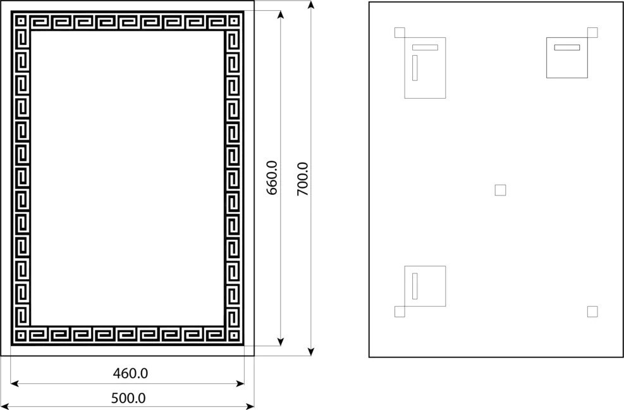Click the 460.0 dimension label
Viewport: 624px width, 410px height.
coord(130,373)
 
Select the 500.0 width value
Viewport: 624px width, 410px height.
coord(128,398)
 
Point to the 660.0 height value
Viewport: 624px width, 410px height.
coord(272,178)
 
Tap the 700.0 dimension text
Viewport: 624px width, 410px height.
coord(303,179)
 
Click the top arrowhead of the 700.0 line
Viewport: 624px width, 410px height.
coord(311,5)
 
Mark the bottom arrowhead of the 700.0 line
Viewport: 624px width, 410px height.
coord(311,351)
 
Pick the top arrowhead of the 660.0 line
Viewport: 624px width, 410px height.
coord(281,15)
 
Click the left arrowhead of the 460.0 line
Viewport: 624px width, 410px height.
coord(15,383)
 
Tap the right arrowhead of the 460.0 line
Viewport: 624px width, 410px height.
coord(240,383)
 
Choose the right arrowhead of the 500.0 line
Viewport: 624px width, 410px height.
coord(250,406)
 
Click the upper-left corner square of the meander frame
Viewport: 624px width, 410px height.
coord(21,21)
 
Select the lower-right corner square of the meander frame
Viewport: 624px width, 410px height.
coord(233,335)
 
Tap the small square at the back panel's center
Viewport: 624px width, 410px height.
coord(500,190)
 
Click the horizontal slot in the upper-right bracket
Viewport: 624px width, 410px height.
coord(566,47)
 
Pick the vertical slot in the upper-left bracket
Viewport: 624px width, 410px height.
coord(415,68)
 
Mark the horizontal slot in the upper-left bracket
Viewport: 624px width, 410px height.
coord(425,47)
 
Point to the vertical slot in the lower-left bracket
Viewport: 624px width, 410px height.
coord(415,286)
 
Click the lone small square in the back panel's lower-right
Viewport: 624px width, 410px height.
coord(592,311)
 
